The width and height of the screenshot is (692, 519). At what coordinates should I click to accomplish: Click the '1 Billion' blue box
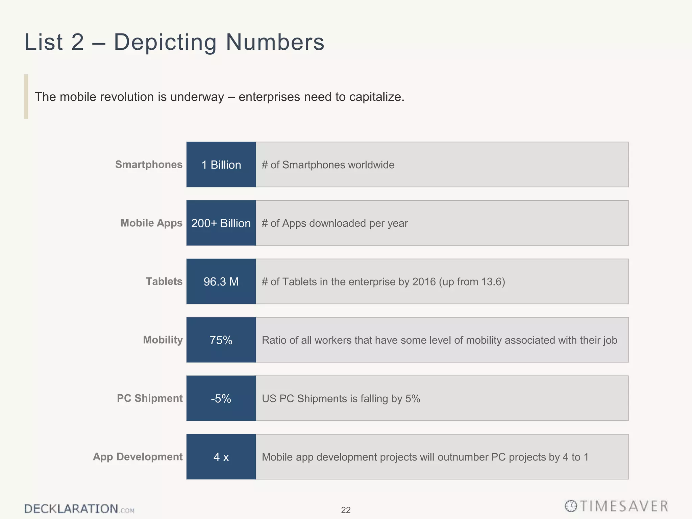tap(221, 165)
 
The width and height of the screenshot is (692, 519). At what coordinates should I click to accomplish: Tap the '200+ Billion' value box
tap(221, 223)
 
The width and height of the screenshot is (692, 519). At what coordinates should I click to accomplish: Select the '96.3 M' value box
tap(221, 281)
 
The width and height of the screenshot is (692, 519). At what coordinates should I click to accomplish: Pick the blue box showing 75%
tap(221, 340)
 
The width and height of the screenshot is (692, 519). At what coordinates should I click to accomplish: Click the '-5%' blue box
tap(221, 398)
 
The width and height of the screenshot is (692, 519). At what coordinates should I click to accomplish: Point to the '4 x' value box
tap(221, 457)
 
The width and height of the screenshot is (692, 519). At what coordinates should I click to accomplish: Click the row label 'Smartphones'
tap(149, 165)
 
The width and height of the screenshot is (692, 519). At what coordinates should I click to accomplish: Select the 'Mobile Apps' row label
tap(151, 223)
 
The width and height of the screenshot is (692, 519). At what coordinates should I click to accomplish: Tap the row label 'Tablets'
tap(164, 281)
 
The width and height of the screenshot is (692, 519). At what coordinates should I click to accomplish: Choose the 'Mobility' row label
tap(163, 340)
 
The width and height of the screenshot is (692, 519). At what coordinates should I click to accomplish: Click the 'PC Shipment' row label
tap(150, 398)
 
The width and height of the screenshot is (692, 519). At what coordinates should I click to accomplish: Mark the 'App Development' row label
tap(138, 457)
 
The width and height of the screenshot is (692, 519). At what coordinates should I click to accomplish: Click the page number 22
tap(346, 510)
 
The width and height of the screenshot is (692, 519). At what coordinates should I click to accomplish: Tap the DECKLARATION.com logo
tap(79, 509)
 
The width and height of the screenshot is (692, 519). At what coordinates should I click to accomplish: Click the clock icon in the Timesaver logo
tap(571, 506)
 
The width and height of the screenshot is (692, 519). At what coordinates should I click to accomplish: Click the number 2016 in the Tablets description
tap(424, 282)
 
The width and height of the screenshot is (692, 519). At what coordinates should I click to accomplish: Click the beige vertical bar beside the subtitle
tap(26, 97)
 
